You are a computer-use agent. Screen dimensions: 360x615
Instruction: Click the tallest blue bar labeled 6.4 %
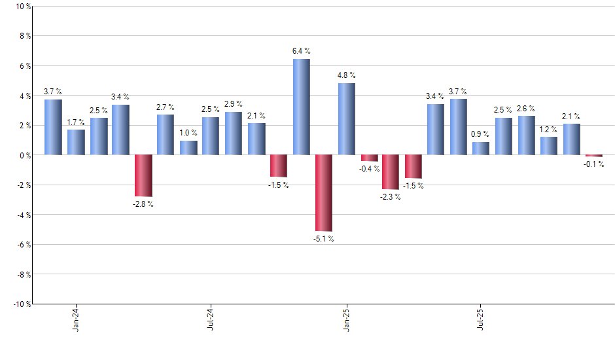(301, 107)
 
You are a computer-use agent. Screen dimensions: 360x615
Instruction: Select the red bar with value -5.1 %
(324, 193)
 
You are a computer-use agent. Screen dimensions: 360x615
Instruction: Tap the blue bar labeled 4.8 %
(346, 119)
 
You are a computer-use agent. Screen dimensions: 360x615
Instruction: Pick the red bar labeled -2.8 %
(143, 175)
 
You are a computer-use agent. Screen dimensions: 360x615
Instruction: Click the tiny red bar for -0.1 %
(594, 156)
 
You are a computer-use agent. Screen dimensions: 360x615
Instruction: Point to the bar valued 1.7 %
(76, 142)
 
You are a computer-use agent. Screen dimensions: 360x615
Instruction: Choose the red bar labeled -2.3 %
(391, 172)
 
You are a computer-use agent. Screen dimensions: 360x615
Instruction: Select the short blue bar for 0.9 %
(481, 149)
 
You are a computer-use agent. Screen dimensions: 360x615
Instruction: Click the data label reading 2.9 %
(233, 104)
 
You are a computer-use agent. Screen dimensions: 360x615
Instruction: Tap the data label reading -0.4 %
(369, 169)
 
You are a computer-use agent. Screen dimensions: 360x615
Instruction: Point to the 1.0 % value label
(188, 133)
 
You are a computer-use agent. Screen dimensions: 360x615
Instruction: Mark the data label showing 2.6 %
(526, 109)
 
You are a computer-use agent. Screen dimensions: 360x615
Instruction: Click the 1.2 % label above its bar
(549, 130)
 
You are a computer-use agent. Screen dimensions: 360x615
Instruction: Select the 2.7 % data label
(166, 107)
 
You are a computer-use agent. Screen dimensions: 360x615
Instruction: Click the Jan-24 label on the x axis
(76, 319)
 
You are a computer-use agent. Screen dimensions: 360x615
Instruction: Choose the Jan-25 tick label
(346, 319)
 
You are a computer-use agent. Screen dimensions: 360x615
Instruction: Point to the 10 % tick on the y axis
(22, 7)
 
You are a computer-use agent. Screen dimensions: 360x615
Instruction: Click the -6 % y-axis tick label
(22, 245)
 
